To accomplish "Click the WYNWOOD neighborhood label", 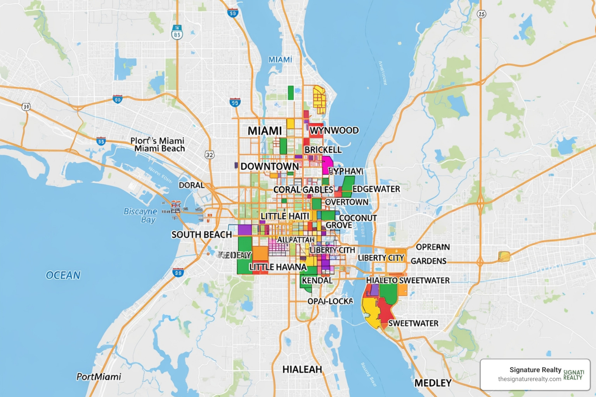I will (334, 130).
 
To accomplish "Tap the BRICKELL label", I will (323, 150).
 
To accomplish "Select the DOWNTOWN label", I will (270, 166).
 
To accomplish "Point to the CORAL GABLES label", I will (303, 190).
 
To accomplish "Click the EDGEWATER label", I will (376, 189).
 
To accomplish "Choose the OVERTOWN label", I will (347, 202).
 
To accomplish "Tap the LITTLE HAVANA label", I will (278, 267).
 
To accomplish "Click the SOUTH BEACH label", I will (201, 235).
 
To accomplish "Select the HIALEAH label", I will (302, 369).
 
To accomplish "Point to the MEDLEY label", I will (433, 383).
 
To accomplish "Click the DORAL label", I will (191, 185).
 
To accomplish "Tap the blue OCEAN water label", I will (63, 275).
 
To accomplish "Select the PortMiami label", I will (99, 376).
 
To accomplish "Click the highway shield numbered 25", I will (481, 14).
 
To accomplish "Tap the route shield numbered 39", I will (26, 107).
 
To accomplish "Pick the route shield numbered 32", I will (210, 155).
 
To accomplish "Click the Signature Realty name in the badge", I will (535, 370).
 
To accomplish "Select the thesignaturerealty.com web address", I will (529, 379).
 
